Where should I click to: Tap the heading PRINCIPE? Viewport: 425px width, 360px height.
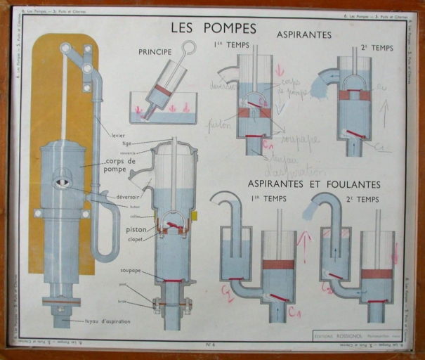pos(155,52)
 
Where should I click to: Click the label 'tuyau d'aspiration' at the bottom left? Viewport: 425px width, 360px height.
pos(98,323)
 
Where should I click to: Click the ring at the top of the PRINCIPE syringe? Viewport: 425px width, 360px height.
pos(188,48)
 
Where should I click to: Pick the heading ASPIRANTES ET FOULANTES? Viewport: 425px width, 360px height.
pos(314,184)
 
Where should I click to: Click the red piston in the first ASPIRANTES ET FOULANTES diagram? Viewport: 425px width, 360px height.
pos(279,264)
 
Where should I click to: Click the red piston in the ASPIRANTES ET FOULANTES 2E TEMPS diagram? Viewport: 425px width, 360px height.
pos(377,273)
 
